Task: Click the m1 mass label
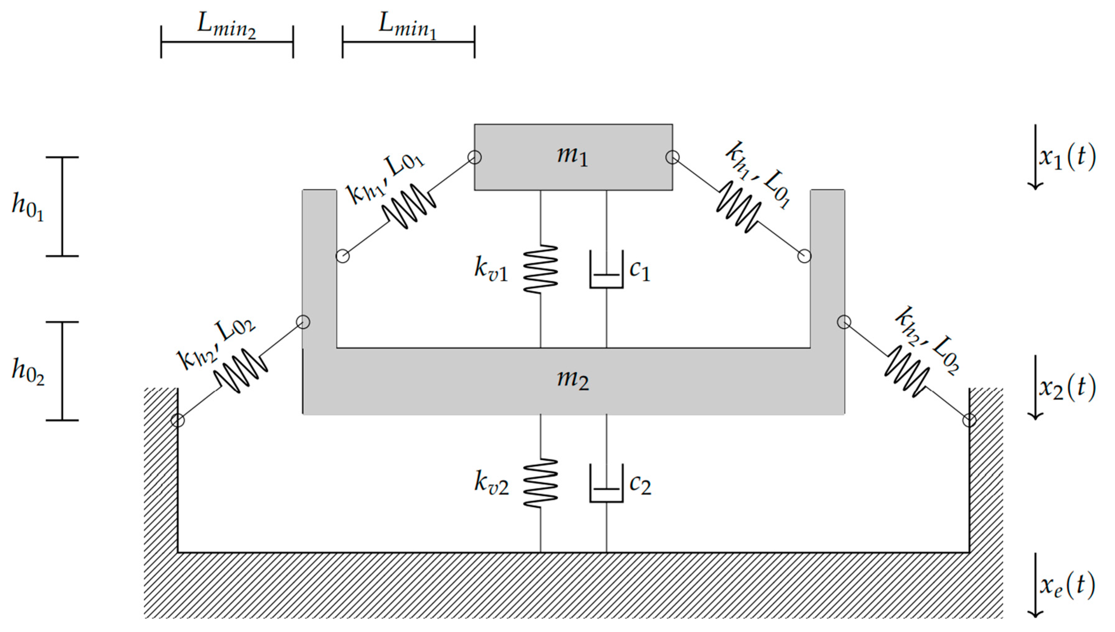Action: click(x=572, y=156)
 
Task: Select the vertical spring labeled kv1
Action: click(x=540, y=269)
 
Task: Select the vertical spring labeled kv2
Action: click(x=540, y=483)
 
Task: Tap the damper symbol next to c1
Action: click(x=606, y=270)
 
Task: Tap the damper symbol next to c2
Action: click(x=606, y=484)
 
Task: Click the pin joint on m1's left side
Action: click(x=474, y=157)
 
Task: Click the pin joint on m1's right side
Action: click(x=672, y=157)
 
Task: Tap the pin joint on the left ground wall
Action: click(x=178, y=420)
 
